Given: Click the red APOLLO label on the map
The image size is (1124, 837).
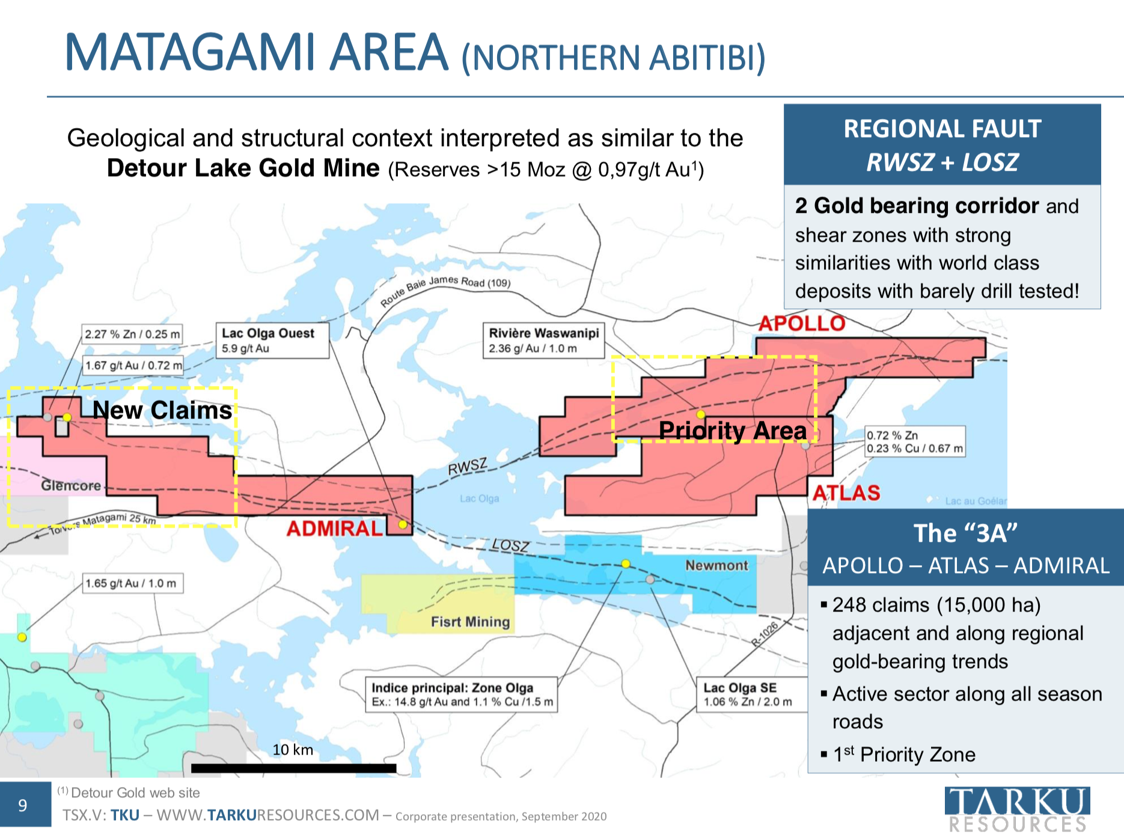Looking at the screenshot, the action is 802,323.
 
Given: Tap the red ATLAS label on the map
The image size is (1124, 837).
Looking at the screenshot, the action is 846,493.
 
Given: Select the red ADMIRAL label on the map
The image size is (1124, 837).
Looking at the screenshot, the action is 335,529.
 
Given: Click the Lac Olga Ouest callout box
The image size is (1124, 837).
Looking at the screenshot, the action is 272,340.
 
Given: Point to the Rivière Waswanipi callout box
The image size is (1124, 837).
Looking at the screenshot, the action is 543,340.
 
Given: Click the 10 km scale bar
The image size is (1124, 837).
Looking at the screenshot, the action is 293,768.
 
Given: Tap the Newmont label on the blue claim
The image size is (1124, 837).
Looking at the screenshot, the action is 716,565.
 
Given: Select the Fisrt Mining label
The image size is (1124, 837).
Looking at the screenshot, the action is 470,622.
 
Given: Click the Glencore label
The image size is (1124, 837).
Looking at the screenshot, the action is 71,485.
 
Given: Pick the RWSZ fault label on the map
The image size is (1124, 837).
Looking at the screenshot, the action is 468,466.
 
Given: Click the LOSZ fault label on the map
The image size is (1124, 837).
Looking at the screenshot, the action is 510,545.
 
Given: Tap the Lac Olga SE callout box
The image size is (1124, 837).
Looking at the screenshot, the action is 751,695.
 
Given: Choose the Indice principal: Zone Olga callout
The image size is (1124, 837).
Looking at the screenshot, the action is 462,695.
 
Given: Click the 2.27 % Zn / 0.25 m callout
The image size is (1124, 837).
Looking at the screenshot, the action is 132,334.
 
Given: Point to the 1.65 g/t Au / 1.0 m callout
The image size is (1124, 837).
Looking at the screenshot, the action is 132,583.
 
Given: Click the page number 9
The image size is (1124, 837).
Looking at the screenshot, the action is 23,805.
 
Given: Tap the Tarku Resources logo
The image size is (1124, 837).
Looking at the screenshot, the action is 1018,809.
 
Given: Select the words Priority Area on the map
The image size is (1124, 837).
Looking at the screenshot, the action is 732,431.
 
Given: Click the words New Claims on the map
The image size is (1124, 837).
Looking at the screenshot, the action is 162,410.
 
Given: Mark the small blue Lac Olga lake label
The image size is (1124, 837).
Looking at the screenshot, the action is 479,498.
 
